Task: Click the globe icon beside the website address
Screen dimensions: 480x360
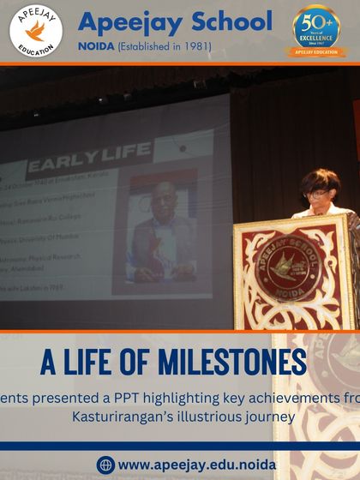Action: coord(105,465)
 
